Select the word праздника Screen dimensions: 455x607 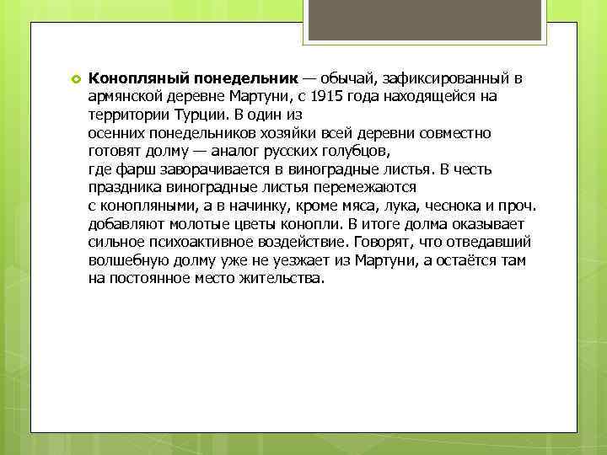click(x=126, y=188)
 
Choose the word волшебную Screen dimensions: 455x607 click(x=127, y=260)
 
